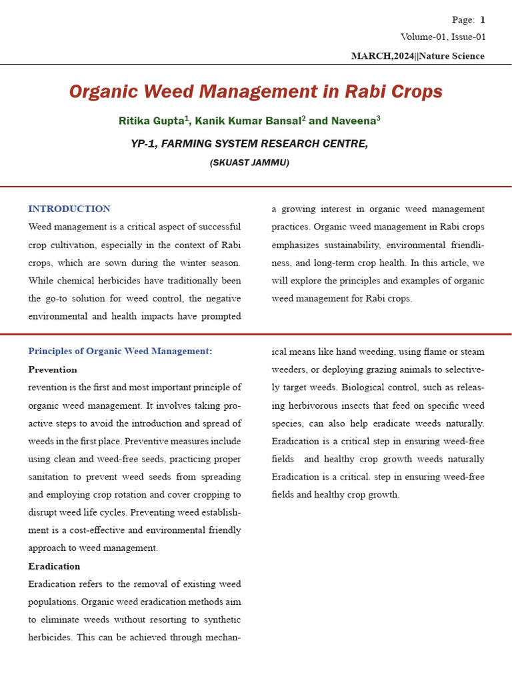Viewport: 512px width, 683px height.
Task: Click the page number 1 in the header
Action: pos(482,21)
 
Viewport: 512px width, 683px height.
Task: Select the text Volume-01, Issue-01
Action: pos(443,37)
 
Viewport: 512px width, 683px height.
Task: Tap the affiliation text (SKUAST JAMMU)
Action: pos(249,163)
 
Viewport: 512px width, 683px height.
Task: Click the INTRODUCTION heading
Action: pos(69,209)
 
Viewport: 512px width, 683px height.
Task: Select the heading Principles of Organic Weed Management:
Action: pos(120,352)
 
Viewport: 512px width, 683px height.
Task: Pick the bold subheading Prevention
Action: pos(53,370)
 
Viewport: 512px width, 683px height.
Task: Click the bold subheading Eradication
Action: pos(54,566)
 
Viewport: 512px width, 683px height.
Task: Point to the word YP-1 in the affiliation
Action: pos(145,143)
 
